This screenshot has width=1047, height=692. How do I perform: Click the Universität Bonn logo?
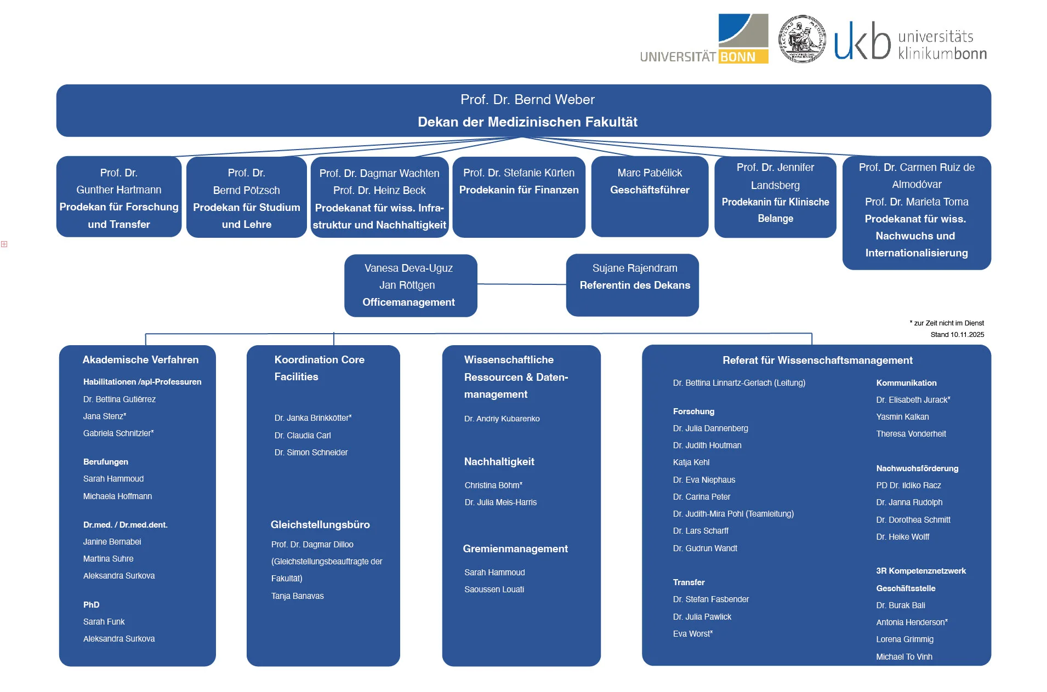coord(704,39)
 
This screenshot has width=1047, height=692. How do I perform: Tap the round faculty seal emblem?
coord(802,39)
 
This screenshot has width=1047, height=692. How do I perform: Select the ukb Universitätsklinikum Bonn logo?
coord(911,41)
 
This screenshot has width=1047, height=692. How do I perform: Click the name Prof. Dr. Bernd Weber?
coord(527,100)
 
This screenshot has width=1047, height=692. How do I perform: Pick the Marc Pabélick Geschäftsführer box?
coord(650,196)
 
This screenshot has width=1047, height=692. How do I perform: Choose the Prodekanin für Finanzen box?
coord(519,196)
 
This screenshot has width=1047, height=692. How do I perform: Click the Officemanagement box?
coord(410,285)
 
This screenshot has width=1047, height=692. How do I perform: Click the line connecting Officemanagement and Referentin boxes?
coord(521,284)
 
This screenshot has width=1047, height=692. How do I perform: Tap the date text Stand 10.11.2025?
coord(957,335)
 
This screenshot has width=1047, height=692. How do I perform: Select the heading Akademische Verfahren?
coord(140,360)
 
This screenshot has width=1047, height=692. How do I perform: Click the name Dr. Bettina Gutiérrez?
coord(120,399)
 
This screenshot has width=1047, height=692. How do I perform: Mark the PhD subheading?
coord(92,605)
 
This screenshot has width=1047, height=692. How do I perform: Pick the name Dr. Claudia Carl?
coord(303,436)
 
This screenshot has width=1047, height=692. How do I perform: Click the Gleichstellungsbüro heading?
coord(320,525)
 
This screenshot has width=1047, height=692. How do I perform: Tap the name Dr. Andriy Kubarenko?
coord(502,419)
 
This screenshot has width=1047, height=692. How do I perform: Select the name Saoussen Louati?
coord(494,590)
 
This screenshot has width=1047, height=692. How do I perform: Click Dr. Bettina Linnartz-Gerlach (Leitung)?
coord(739,383)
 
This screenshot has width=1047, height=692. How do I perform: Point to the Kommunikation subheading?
coord(906,383)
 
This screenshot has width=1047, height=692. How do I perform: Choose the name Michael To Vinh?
coord(904,657)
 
